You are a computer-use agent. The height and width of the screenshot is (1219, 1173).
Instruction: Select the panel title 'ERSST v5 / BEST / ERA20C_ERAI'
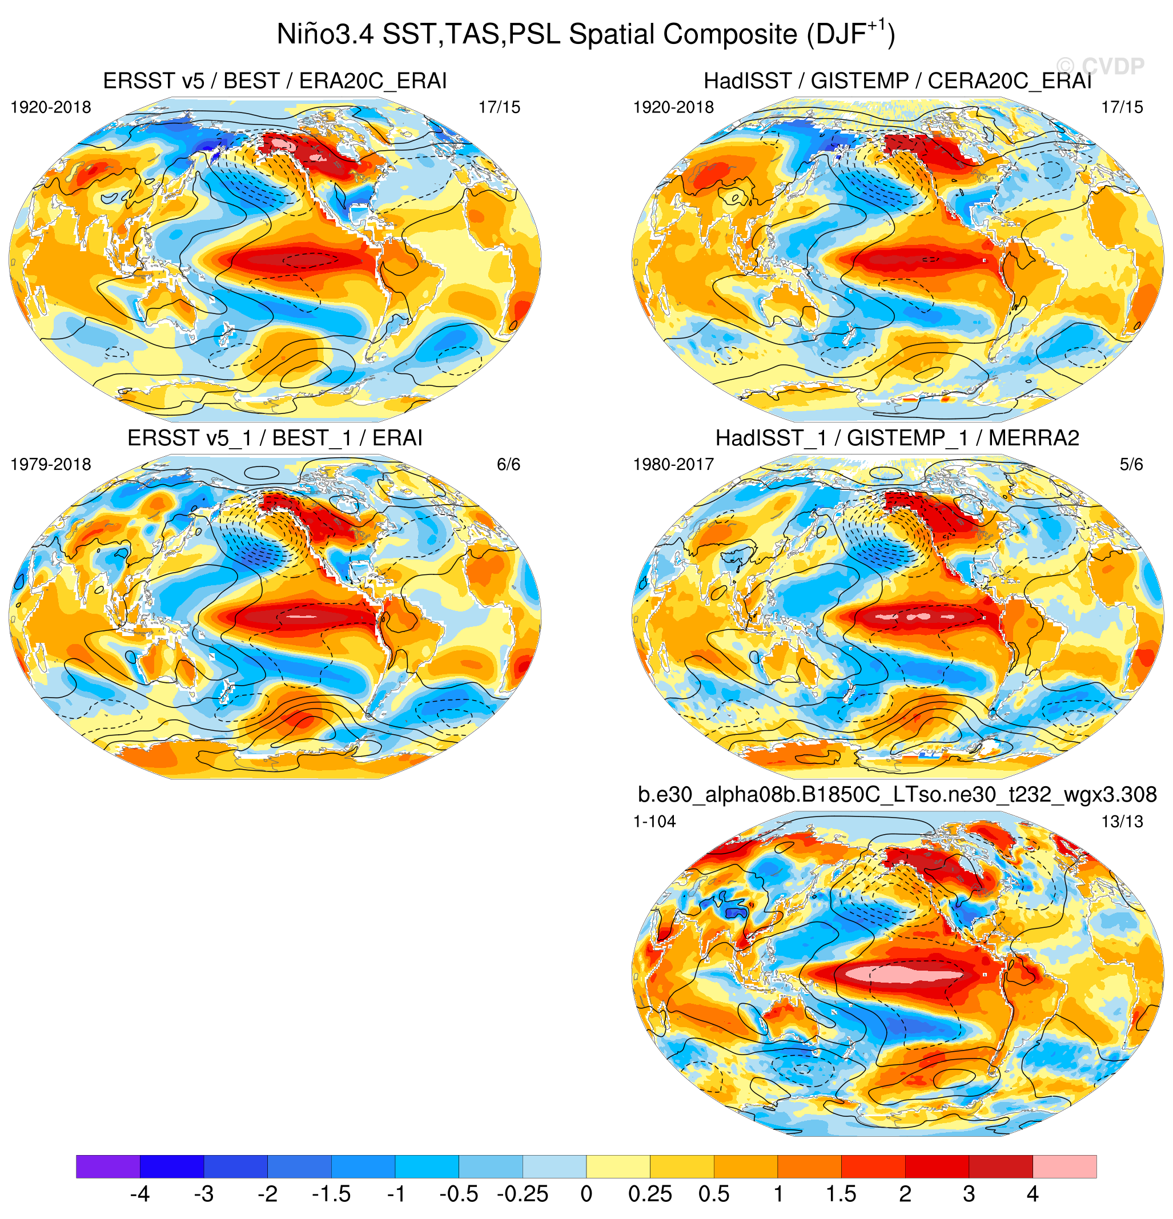coord(275,81)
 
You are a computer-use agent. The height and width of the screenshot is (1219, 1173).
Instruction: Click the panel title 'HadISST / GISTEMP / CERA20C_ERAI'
coord(898,81)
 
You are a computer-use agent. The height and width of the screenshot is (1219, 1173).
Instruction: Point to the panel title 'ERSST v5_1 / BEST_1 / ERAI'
coord(275,438)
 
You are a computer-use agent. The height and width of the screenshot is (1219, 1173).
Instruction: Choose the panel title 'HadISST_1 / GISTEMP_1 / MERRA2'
coord(898,438)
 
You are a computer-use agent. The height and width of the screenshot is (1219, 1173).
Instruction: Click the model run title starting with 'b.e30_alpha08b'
coord(898,794)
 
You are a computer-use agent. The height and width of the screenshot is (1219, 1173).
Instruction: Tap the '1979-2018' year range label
coord(51,465)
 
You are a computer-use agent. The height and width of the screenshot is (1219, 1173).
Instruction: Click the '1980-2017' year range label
coord(673,465)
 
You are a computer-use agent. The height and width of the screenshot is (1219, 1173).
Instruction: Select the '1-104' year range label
coord(654,822)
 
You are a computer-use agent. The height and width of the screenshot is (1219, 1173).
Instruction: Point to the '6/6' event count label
coord(508,465)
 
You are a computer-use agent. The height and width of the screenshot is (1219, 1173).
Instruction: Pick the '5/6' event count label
coord(1131,465)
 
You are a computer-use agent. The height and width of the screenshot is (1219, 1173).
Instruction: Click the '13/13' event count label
coord(1122,822)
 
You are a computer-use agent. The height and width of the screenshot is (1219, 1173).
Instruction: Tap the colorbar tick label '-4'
coord(140,1194)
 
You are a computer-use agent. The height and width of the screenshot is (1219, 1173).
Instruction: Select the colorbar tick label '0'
coord(586,1194)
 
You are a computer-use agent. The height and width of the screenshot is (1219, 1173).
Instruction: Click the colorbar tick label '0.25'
coord(650,1194)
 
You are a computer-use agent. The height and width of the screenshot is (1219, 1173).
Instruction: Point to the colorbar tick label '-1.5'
coord(331,1194)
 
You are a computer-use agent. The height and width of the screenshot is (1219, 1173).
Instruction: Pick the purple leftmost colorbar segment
coord(108,1166)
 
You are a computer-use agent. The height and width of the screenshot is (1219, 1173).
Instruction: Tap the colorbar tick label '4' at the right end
coord(1033,1194)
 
